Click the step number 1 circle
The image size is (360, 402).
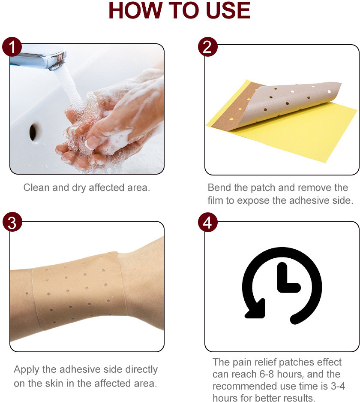[x=12, y=47]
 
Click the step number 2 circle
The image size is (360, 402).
[x=208, y=47]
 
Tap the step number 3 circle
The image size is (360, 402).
[x=12, y=222]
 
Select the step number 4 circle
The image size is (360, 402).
[x=208, y=222]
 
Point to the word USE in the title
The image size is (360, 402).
[x=228, y=11]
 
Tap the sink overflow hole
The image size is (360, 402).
[x=34, y=132]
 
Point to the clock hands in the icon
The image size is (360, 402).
[x=287, y=279]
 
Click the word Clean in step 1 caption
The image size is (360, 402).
[x=36, y=187]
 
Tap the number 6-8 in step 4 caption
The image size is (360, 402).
[x=267, y=374]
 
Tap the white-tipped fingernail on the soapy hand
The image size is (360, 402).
[x=90, y=142]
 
